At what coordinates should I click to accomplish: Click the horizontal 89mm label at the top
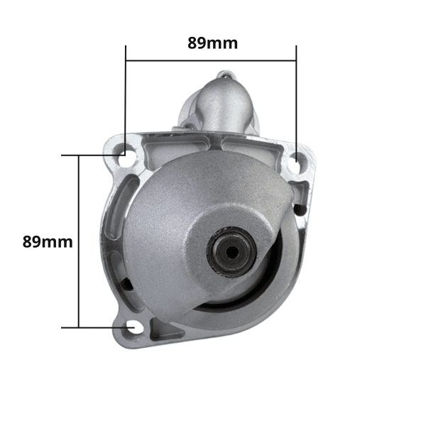click(x=212, y=43)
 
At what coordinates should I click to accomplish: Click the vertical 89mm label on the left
click(x=48, y=242)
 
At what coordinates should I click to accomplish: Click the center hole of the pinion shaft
click(x=231, y=253)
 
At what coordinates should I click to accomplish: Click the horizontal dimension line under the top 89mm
click(x=211, y=60)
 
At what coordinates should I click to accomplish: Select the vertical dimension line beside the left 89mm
click(x=79, y=241)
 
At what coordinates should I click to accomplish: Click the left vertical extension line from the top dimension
click(x=126, y=100)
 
